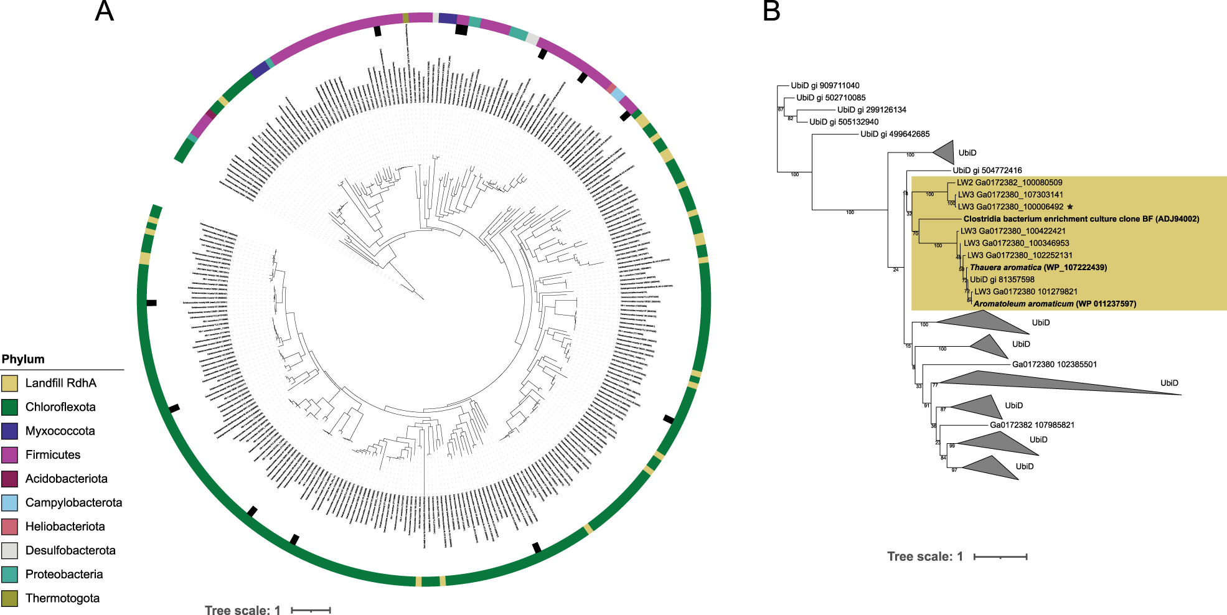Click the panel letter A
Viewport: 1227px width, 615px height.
point(105,11)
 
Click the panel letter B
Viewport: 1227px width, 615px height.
point(771,11)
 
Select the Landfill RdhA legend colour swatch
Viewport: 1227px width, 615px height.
point(9,383)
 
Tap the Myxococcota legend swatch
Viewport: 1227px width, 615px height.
point(9,431)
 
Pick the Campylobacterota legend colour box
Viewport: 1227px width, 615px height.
point(9,503)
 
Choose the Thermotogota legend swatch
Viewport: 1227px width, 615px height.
point(9,599)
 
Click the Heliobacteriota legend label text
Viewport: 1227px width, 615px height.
point(65,527)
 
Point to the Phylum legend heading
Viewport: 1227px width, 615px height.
point(23,359)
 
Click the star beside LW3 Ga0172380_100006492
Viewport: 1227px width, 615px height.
point(1070,207)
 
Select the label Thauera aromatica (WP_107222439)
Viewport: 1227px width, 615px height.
point(1038,268)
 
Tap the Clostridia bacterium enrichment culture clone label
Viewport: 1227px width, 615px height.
point(1081,219)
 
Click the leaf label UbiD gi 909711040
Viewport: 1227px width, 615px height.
point(825,86)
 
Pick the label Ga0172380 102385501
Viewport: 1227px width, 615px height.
point(1054,365)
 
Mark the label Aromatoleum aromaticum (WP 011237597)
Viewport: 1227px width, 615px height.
point(1055,304)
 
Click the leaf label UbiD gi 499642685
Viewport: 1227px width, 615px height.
point(895,134)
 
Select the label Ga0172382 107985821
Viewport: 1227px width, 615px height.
point(1032,425)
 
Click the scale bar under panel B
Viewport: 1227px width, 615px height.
point(1000,556)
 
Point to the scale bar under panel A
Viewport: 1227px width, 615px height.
point(311,610)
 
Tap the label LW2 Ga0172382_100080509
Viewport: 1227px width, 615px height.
point(1009,183)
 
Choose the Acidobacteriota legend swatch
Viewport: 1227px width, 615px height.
point(9,479)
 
